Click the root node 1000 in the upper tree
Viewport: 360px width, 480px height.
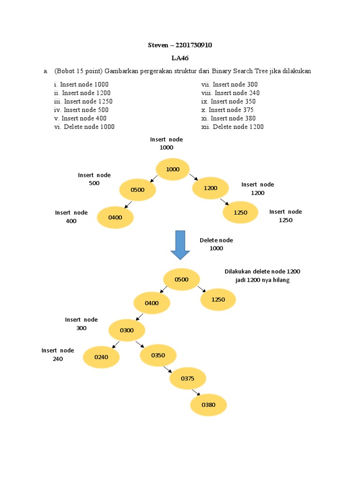[x=172, y=170]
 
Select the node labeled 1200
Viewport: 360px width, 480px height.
[x=210, y=188]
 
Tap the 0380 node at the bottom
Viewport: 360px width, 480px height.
[x=209, y=405]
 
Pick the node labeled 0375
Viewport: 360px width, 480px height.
[x=187, y=378]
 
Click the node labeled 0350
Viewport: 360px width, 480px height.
[x=158, y=355]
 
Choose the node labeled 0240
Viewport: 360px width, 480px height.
[x=101, y=357]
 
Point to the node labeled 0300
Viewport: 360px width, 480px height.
[x=127, y=330]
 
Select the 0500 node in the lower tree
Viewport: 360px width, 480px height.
[x=181, y=280]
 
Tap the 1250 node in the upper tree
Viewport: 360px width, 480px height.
[x=240, y=212]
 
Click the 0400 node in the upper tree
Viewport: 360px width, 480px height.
[x=115, y=217]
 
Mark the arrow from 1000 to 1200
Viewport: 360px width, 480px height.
[x=194, y=177]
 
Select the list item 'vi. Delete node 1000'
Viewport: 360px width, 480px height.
[x=84, y=127]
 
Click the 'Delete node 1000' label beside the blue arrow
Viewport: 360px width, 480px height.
[x=216, y=244]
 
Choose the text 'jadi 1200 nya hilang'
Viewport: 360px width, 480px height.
[x=262, y=280]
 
